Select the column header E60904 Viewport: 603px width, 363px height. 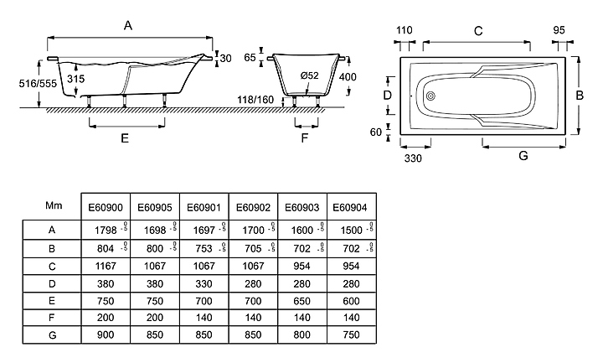pyautogui.click(x=348, y=206)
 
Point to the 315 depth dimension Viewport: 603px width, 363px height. pyautogui.click(x=76, y=78)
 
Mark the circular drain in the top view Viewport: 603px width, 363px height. pyautogui.click(x=431, y=95)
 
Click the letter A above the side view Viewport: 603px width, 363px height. pyautogui.click(x=128, y=26)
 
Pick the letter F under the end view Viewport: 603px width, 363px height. pyautogui.click(x=305, y=137)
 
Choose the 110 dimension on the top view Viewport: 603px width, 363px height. pyautogui.click(x=404, y=30)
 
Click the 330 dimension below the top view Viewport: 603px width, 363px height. pyautogui.click(x=412, y=157)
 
